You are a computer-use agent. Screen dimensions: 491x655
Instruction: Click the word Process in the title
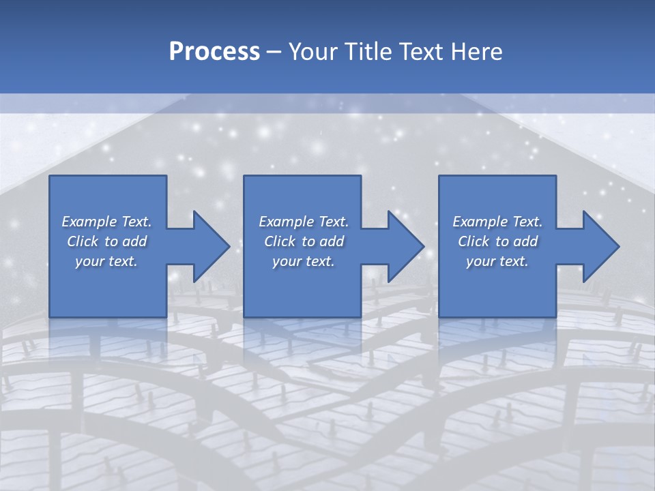pyautogui.click(x=214, y=52)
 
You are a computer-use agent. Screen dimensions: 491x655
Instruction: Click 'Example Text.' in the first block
pyautogui.click(x=106, y=222)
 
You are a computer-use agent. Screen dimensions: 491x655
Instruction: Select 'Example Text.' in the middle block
pyautogui.click(x=303, y=222)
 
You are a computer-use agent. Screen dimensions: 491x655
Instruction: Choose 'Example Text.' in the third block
pyautogui.click(x=497, y=222)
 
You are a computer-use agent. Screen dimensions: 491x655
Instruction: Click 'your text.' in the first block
pyautogui.click(x=106, y=261)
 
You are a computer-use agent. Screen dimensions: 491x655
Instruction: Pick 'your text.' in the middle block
pyautogui.click(x=303, y=261)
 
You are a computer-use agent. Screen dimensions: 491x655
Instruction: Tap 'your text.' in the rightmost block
pyautogui.click(x=497, y=261)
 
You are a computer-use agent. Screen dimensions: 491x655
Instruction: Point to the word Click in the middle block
pyautogui.click(x=280, y=241)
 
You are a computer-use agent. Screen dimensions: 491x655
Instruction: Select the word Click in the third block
pyautogui.click(x=474, y=241)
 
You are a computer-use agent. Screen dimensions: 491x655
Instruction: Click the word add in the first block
pyautogui.click(x=135, y=241)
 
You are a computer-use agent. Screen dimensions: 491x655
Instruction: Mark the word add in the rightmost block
pyautogui.click(x=526, y=241)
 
